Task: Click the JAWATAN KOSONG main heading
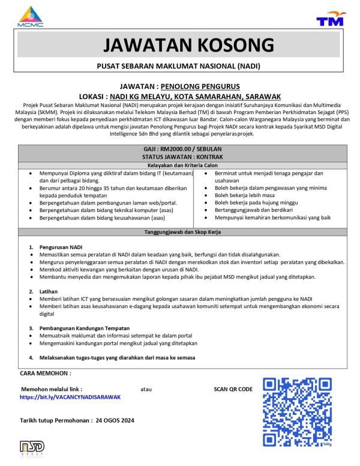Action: (180, 45)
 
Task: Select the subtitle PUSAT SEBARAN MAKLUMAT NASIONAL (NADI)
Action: (180, 65)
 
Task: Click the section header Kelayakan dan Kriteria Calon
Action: (180, 165)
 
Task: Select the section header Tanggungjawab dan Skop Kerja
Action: (180, 231)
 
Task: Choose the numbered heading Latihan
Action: (50, 291)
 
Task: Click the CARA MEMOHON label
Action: (46, 374)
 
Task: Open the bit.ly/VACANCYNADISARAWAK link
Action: (70, 397)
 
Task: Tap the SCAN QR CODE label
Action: (233, 389)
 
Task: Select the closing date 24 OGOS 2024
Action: (115, 420)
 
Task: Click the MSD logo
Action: (32, 448)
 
